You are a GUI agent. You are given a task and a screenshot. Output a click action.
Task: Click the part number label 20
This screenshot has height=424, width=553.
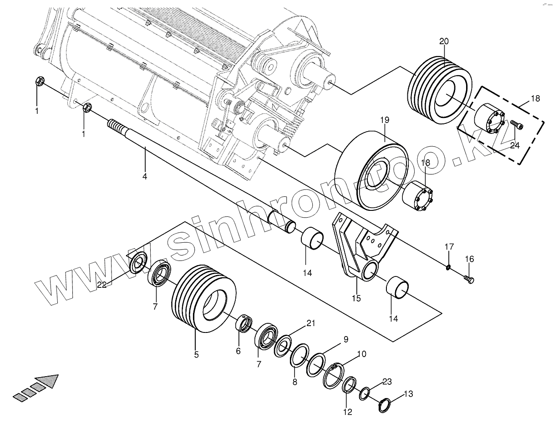(x=444, y=41)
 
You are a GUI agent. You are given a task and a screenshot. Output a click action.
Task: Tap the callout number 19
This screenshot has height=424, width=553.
(x=385, y=120)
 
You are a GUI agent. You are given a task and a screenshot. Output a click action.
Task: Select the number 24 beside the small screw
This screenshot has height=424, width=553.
(x=515, y=146)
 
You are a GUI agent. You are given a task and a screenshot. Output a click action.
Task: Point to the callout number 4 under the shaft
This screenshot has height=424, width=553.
(x=145, y=176)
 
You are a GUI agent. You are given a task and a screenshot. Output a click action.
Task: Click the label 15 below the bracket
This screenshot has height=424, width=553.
(x=356, y=298)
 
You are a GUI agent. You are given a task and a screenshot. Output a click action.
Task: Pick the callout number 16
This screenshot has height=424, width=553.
(x=469, y=259)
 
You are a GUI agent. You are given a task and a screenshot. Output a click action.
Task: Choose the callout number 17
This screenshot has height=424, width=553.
(x=449, y=247)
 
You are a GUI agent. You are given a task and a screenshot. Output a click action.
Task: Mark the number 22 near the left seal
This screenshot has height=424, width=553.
(x=101, y=285)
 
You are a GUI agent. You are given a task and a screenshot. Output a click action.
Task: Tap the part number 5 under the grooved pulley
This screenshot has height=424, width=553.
(x=197, y=354)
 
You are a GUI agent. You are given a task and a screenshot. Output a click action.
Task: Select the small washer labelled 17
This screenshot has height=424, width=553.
(x=448, y=267)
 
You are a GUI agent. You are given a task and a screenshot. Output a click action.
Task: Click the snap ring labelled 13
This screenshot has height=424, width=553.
(x=385, y=406)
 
